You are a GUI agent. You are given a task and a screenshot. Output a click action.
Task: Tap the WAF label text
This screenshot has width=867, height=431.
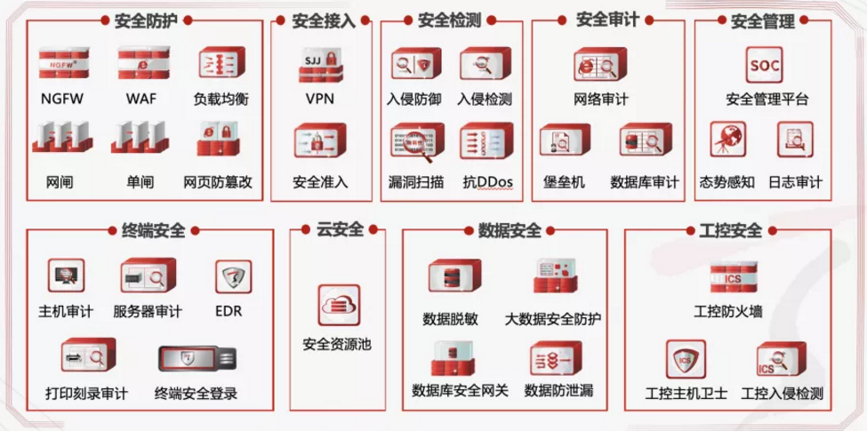pyautogui.click(x=141, y=99)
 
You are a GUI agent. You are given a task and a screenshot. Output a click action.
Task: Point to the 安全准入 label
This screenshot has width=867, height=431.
pyautogui.click(x=320, y=182)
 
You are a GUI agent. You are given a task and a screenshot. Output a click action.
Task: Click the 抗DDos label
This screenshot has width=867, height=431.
pyautogui.click(x=488, y=182)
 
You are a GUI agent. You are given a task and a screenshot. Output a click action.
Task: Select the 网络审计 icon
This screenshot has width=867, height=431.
pyautogui.click(x=601, y=67)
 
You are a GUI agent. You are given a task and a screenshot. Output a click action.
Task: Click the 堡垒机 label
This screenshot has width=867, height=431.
pyautogui.click(x=564, y=182)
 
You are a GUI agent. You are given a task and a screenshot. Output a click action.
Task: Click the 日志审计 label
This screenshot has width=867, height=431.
pyautogui.click(x=795, y=182)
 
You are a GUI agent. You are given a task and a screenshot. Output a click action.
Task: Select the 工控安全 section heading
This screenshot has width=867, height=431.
pyautogui.click(x=725, y=231)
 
